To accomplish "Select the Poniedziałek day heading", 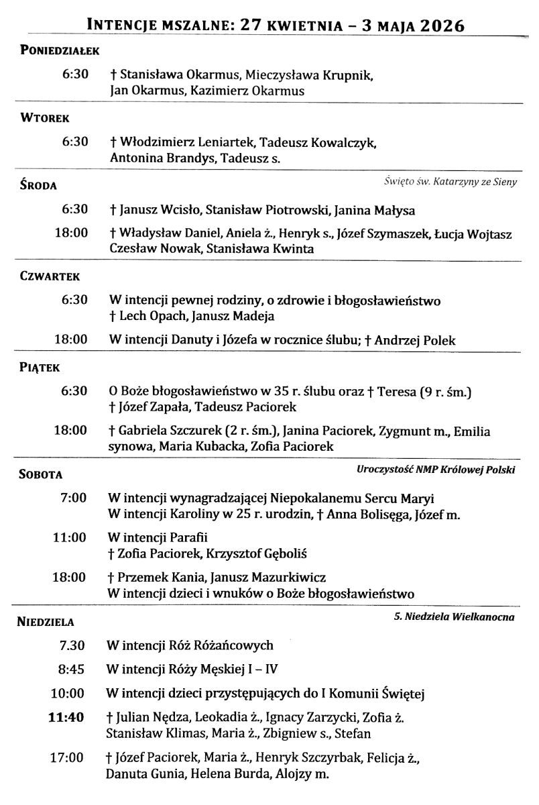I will tap(60, 51).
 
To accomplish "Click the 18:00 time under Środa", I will tap(71, 233).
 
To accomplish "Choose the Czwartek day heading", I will tap(50, 276).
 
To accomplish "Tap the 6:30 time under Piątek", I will tap(74, 390).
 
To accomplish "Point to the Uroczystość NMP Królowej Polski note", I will tap(436, 470).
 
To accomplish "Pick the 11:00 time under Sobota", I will tap(70, 537).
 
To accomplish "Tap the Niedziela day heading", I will tap(45, 622).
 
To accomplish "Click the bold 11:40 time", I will tap(66, 717).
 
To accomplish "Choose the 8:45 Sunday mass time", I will tap(72, 669).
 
